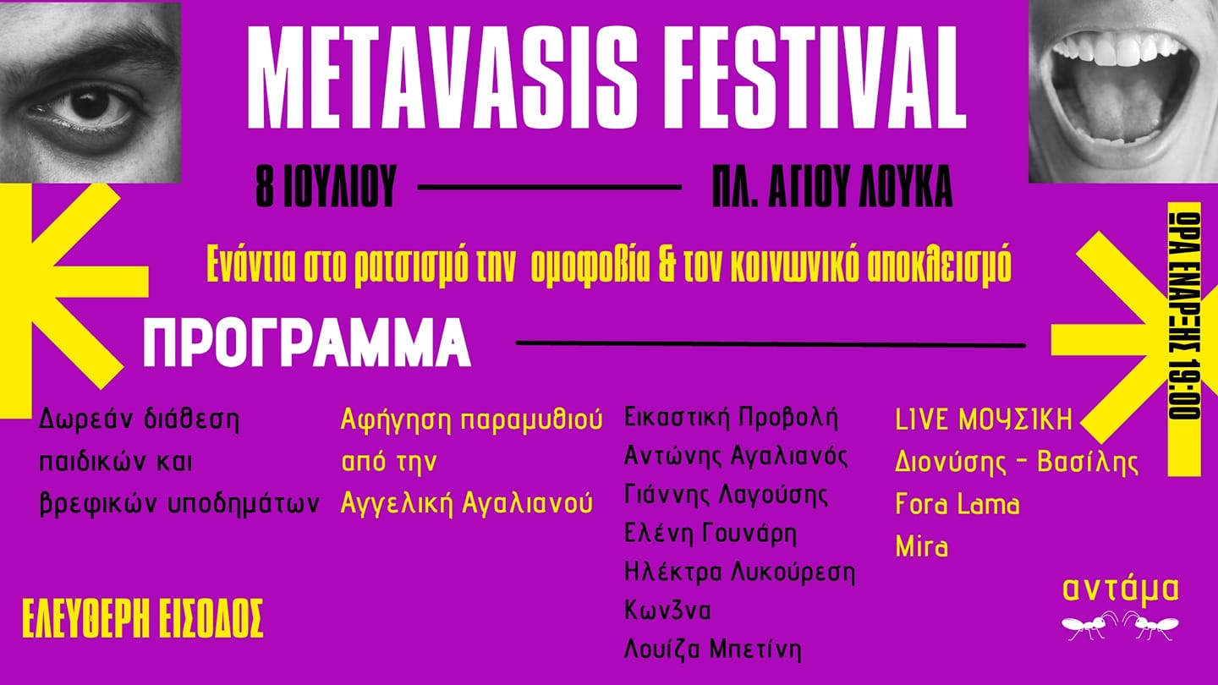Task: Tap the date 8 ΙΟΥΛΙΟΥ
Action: click(326, 186)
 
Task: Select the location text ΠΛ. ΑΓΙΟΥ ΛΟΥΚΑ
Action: click(832, 186)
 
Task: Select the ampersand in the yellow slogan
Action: click(668, 266)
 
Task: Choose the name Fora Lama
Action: click(957, 505)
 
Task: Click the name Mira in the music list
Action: click(922, 545)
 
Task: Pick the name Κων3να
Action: click(667, 611)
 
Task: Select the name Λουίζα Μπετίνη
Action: click(713, 649)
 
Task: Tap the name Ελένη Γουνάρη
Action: click(710, 534)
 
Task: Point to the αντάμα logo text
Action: click(1121, 590)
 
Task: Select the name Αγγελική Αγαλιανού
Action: click(467, 503)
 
